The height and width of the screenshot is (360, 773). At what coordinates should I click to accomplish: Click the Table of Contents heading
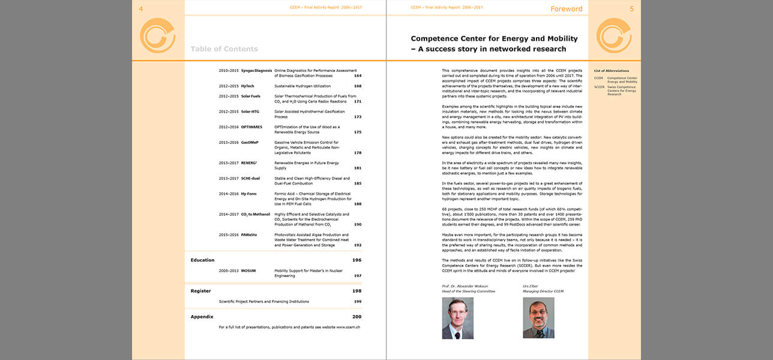(224, 49)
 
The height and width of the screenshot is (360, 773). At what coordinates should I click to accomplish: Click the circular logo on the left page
(157, 35)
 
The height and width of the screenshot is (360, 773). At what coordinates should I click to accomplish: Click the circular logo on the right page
(613, 35)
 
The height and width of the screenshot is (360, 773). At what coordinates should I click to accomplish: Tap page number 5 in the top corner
(631, 8)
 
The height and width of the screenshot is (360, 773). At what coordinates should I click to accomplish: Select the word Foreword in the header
(566, 9)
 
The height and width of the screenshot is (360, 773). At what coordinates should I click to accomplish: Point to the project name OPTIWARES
(252, 127)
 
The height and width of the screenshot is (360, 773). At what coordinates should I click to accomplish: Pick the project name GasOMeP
(250, 143)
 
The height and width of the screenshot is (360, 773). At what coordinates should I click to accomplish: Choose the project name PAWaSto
(249, 235)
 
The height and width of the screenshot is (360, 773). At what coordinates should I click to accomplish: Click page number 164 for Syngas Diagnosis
(358, 76)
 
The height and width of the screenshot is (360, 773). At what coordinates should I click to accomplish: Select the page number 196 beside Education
(357, 260)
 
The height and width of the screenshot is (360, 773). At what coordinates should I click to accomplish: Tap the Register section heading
(200, 291)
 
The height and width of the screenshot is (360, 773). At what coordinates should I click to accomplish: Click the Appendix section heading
(202, 316)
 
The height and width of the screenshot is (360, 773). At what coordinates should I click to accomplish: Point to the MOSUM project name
(248, 271)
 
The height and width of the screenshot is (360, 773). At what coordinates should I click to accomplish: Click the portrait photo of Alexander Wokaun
(457, 318)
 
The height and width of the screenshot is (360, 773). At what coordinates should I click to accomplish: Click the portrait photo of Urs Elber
(538, 318)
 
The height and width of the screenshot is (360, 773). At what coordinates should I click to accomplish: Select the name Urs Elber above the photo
(531, 286)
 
